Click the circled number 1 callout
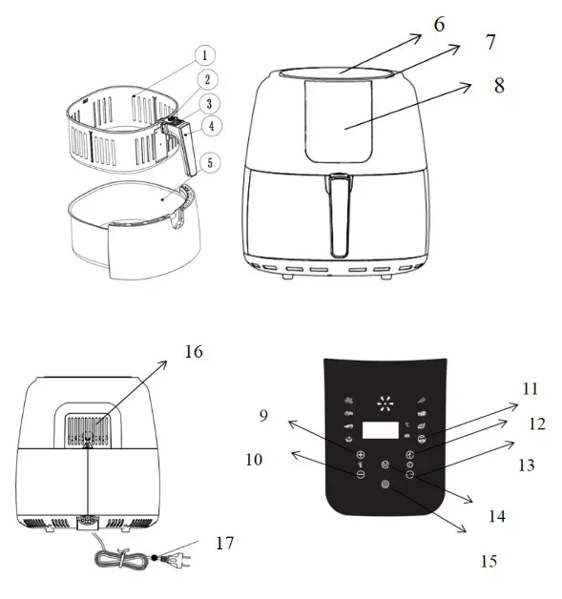tap(208, 57)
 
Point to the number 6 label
tap(439, 24)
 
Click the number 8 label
tap(498, 85)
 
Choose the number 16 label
tap(195, 353)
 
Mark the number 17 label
tap(223, 543)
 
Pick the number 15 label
tap(489, 561)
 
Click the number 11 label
tap(531, 389)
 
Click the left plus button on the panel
tap(361, 455)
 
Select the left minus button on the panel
tap(361, 474)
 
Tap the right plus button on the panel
tap(410, 455)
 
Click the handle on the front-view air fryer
tap(339, 215)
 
